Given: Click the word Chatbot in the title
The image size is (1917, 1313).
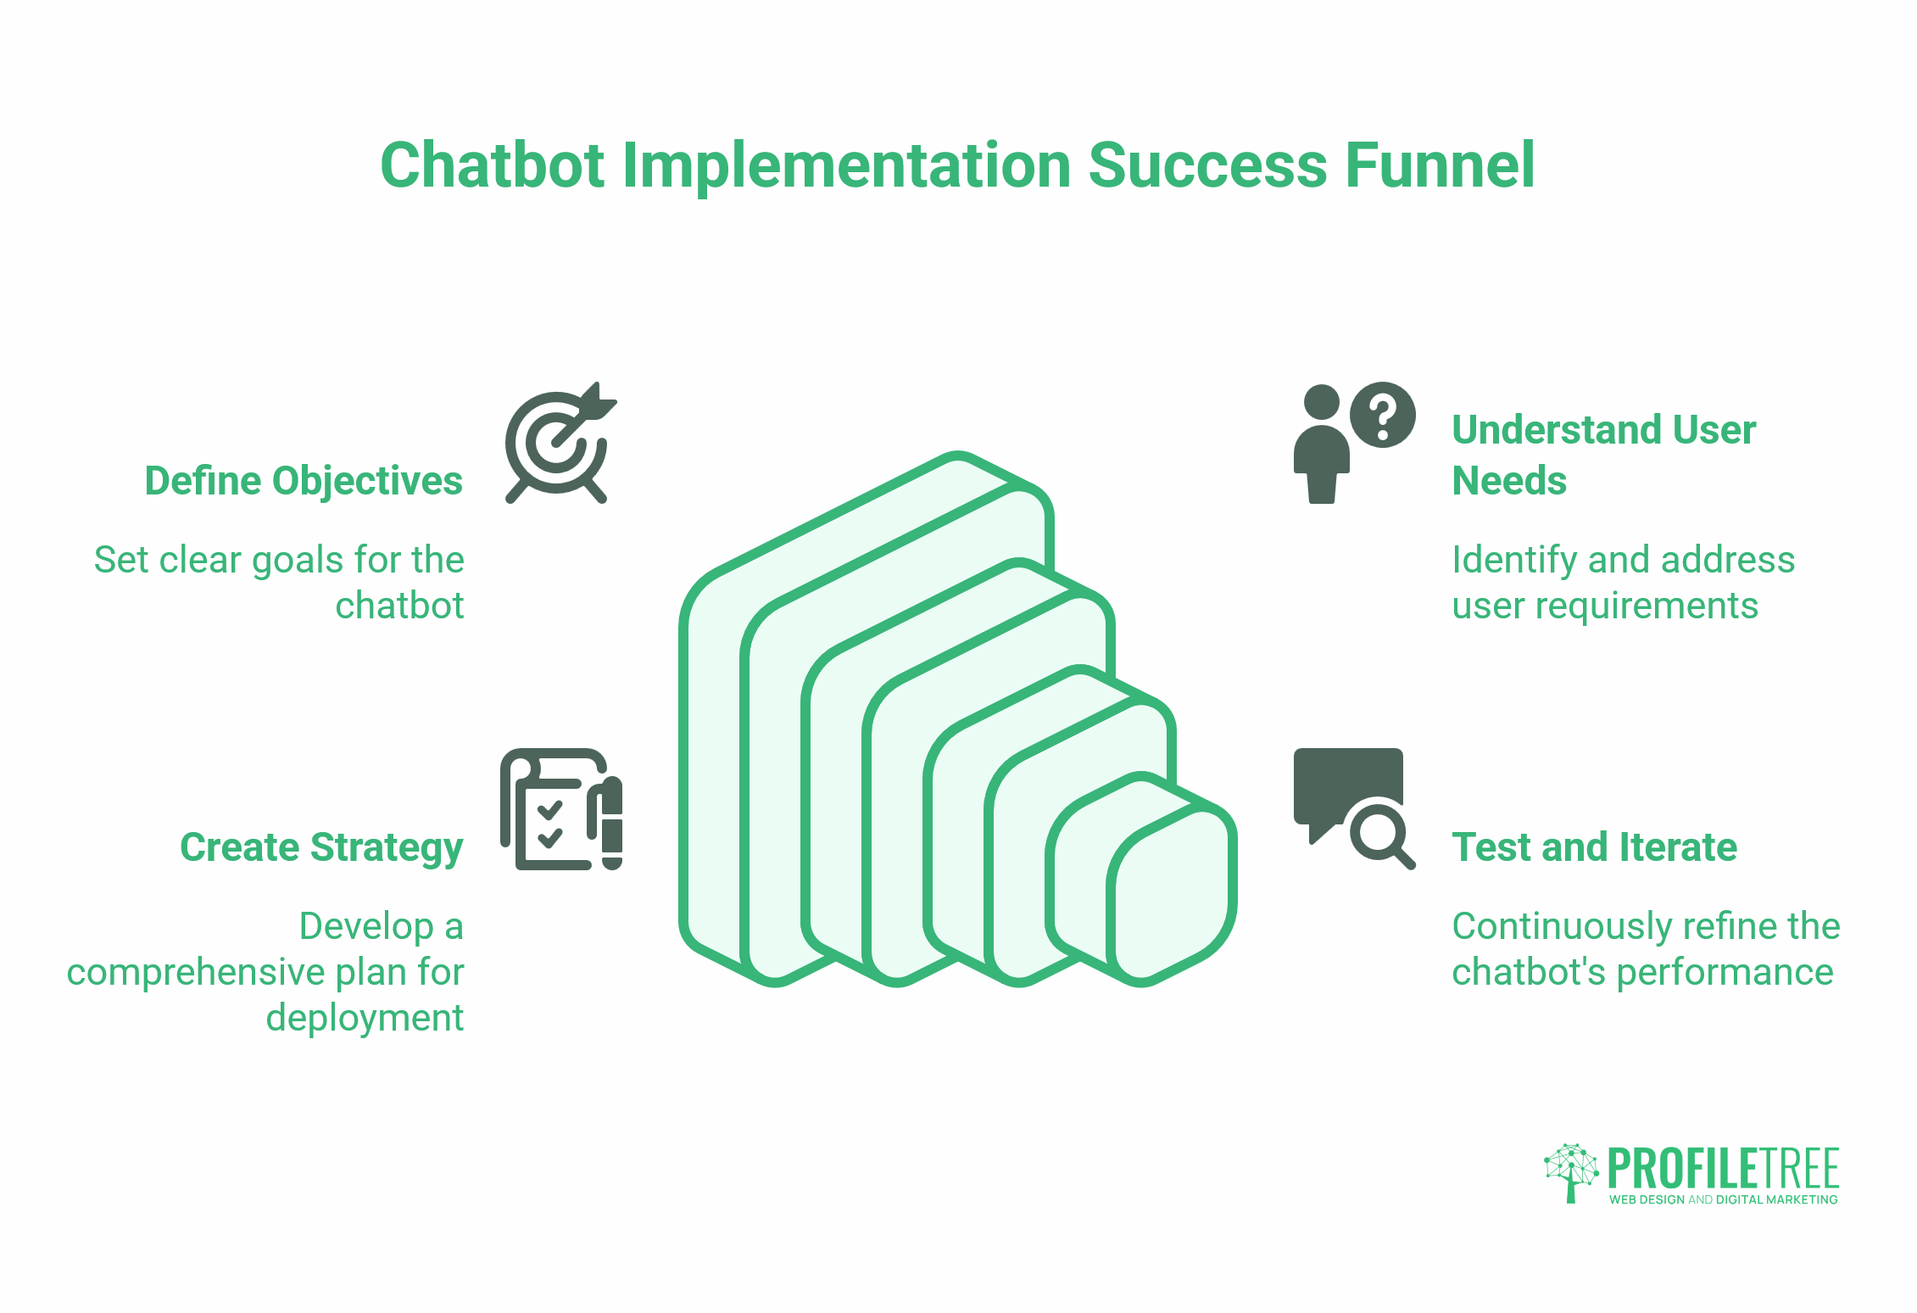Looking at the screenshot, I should (x=493, y=165).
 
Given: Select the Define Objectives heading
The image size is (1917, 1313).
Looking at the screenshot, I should (x=304, y=481).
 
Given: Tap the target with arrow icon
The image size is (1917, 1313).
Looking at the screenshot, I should (x=559, y=444).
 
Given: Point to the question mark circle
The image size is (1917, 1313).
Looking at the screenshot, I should (x=1382, y=415).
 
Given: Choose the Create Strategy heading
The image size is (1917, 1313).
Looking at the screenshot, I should (x=321, y=847).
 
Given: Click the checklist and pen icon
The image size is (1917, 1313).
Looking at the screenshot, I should (x=561, y=809).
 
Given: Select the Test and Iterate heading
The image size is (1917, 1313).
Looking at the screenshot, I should (x=1594, y=847).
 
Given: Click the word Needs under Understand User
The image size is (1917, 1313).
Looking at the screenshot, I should (x=1509, y=481).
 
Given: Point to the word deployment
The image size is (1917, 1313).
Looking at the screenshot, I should (x=365, y=1018).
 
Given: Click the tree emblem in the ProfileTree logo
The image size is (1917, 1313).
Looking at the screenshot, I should (x=1570, y=1171).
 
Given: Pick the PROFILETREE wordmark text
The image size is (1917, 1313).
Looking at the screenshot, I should (x=1723, y=1169).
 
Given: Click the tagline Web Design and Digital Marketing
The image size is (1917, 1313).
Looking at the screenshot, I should (x=1723, y=1199).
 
